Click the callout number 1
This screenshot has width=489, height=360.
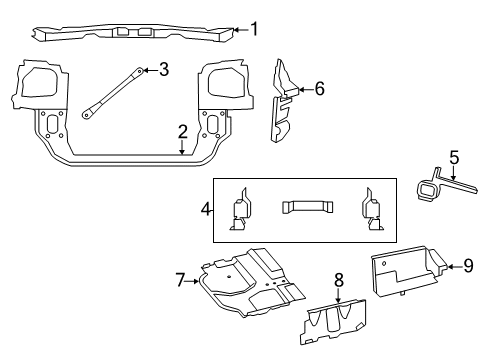(x=254, y=29)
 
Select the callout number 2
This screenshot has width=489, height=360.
(x=182, y=132)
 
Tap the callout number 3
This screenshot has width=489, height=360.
(x=164, y=69)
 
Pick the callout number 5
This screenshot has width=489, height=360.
(x=453, y=157)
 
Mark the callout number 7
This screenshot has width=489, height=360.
(x=181, y=281)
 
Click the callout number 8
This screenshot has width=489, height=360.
(x=338, y=280)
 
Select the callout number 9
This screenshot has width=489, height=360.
(x=468, y=265)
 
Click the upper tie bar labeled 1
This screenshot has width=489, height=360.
(x=130, y=33)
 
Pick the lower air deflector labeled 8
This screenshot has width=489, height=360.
(x=340, y=324)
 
